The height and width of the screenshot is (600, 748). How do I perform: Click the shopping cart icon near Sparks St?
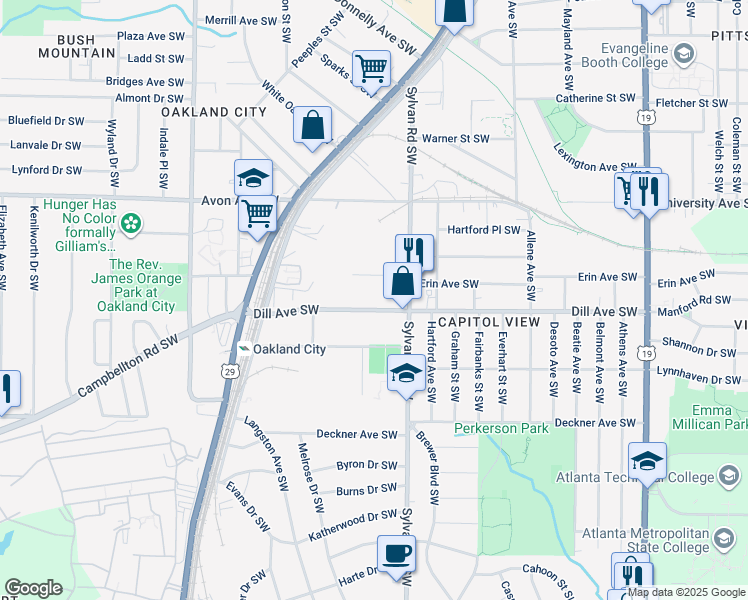372,69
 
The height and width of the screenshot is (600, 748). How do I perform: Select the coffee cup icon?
396,553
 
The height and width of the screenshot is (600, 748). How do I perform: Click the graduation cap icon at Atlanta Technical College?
647,461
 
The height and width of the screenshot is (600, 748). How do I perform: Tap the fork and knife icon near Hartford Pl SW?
413,251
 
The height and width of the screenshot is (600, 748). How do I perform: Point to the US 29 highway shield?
230,371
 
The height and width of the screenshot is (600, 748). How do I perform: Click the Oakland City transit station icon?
243,349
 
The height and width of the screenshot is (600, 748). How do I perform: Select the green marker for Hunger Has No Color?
131,222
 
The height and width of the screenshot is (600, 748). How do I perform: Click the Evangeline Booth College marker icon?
684,53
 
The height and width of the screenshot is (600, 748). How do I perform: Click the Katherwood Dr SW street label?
354,517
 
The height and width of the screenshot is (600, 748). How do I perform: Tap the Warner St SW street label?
455,139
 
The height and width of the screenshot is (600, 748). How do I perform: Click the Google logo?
33,587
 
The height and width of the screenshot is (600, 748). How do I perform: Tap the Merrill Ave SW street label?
240,20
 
